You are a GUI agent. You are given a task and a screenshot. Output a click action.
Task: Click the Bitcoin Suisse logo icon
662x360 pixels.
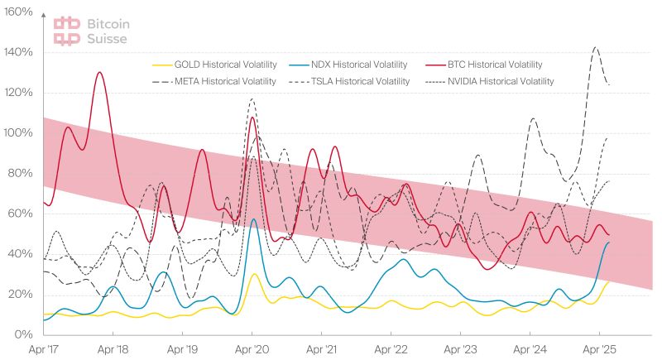point(67,31)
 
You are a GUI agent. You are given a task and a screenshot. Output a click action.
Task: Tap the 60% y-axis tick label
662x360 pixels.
point(21,214)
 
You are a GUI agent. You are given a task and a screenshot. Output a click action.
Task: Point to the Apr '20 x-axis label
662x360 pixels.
point(252,350)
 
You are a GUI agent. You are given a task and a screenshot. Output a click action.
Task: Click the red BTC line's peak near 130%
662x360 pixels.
point(99,73)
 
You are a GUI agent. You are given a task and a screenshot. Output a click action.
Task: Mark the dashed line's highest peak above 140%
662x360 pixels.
point(595,48)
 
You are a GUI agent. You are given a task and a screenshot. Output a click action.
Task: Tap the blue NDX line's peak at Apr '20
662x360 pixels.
point(253,219)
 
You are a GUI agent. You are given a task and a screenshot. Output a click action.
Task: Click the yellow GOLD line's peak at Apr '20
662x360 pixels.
point(254,274)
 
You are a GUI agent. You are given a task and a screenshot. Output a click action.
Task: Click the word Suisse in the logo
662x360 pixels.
point(106,38)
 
